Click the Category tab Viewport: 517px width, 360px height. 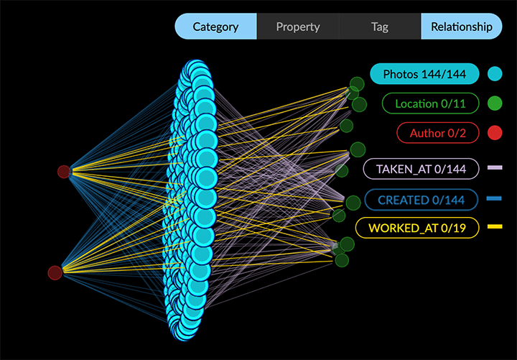pyautogui.click(x=215, y=27)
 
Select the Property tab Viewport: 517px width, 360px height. pyautogui.click(x=298, y=27)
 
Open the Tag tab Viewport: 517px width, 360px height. pyautogui.click(x=380, y=27)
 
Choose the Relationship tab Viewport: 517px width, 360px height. pyautogui.click(x=461, y=27)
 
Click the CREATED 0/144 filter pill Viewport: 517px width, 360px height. pyautogui.click(x=421, y=200)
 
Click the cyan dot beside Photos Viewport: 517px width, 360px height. pyautogui.click(x=494, y=73)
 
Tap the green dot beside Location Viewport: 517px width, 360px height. pyautogui.click(x=494, y=103)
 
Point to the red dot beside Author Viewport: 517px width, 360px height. pyautogui.click(x=494, y=133)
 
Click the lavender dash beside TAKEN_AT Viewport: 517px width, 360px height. pyautogui.click(x=495, y=168)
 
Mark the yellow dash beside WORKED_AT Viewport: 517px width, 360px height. pyautogui.click(x=495, y=227)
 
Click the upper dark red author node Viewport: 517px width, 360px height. pyautogui.click(x=64, y=172)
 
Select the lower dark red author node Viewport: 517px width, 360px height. pyautogui.click(x=55, y=272)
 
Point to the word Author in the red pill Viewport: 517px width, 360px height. pyautogui.click(x=427, y=133)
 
